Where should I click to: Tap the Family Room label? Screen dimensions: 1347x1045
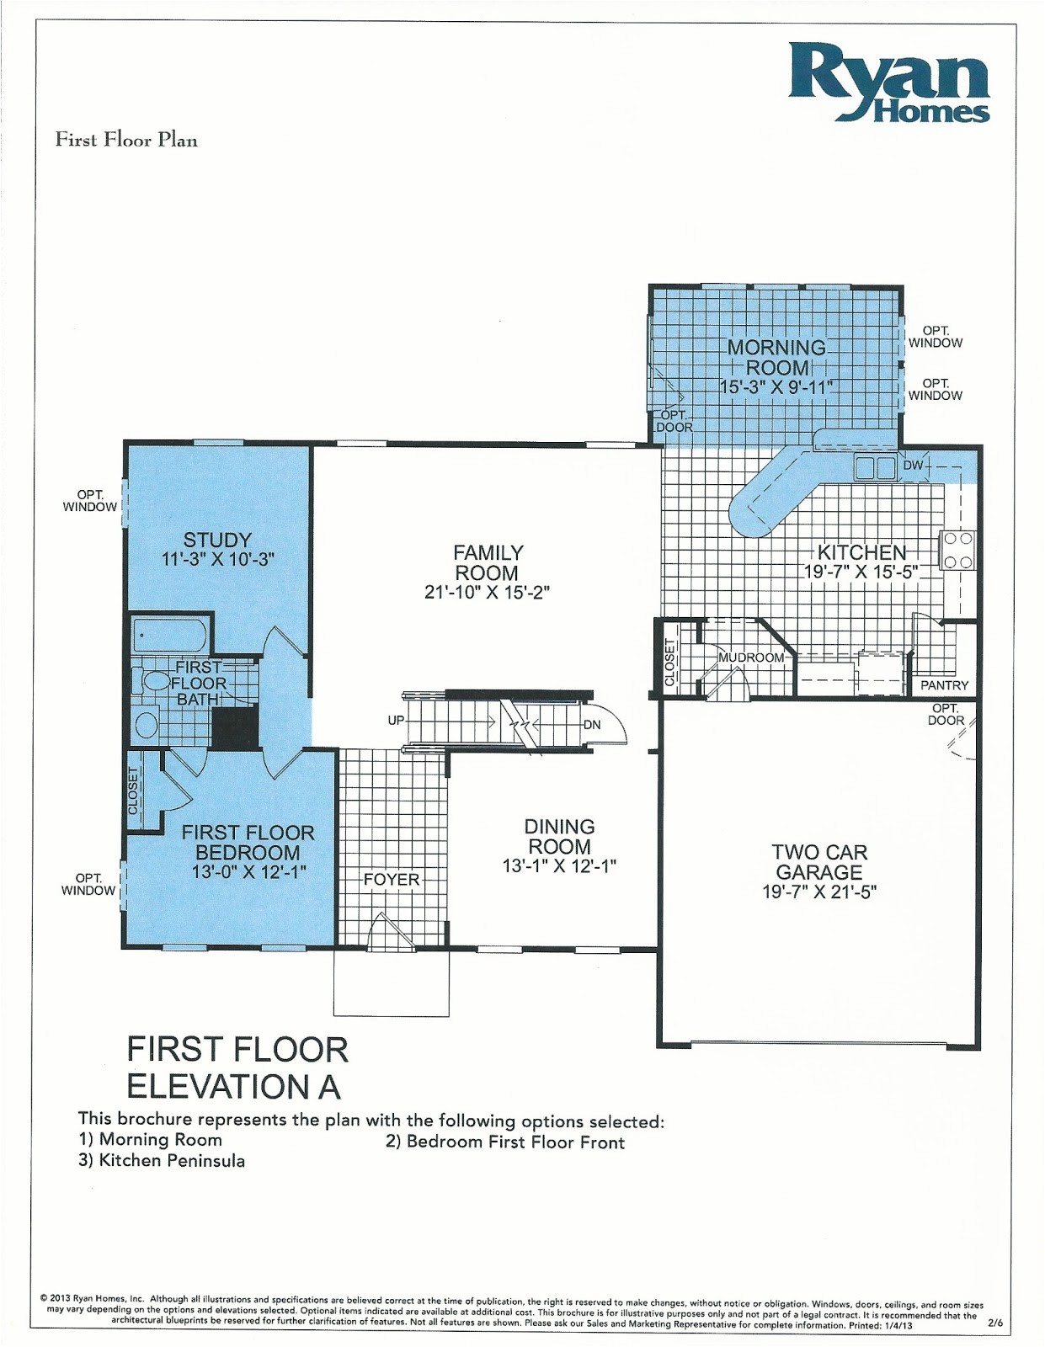pyautogui.click(x=488, y=562)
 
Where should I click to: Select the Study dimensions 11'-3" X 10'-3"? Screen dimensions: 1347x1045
pyautogui.click(x=218, y=559)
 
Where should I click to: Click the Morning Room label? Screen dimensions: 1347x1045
pyautogui.click(x=776, y=358)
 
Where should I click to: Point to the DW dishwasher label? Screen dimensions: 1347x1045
pyautogui.click(x=914, y=466)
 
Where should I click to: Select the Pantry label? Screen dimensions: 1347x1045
pyautogui.click(x=944, y=685)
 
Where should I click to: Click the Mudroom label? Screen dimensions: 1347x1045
pyautogui.click(x=751, y=658)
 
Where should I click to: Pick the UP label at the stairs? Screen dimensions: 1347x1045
pyautogui.click(x=396, y=721)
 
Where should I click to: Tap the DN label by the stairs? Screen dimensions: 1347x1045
pyautogui.click(x=592, y=725)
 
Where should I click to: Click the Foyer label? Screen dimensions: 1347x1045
pyautogui.click(x=392, y=880)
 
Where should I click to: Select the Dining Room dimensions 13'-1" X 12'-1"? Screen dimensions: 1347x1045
pyautogui.click(x=559, y=866)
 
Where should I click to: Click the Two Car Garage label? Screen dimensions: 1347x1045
pyautogui.click(x=819, y=862)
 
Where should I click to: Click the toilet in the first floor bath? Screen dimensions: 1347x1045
pyautogui.click(x=156, y=681)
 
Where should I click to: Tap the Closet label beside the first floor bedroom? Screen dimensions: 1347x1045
pyautogui.click(x=133, y=791)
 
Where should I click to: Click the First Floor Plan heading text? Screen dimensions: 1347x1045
pyautogui.click(x=126, y=140)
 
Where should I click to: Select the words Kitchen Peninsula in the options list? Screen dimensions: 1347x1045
pyautogui.click(x=172, y=1161)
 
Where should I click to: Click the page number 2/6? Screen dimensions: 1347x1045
pyautogui.click(x=995, y=1323)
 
